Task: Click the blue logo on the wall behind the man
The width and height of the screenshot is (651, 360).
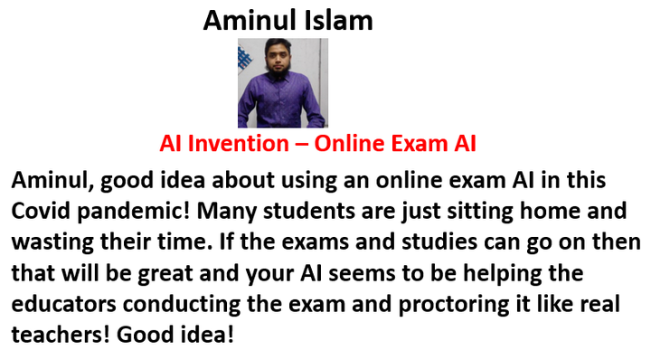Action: coord(244,58)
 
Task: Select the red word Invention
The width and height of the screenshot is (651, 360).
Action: coord(239,143)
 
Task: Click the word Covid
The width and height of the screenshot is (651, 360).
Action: coord(41,211)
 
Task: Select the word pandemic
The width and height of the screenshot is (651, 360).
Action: coord(133,212)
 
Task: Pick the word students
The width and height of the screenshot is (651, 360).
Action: coord(309,211)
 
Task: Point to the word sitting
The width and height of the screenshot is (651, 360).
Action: coord(480,212)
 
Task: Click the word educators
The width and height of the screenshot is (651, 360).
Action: coord(63,304)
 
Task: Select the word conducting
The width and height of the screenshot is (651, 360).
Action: coord(182,305)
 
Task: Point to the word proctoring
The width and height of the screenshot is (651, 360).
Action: coord(454,305)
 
